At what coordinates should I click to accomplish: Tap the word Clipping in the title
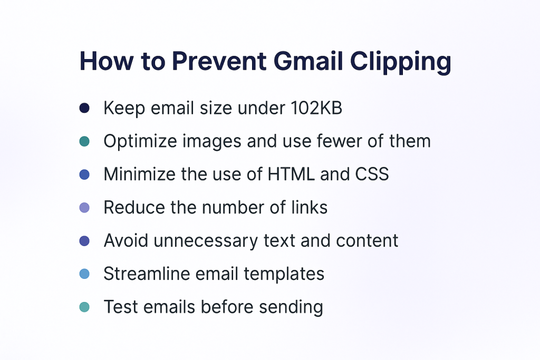(401, 63)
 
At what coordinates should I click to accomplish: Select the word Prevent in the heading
(219, 61)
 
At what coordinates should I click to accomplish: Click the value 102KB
(316, 108)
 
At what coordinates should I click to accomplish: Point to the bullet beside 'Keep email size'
(84, 108)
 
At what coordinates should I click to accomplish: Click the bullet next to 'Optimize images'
(84, 141)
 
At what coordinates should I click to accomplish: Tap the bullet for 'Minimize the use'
(84, 174)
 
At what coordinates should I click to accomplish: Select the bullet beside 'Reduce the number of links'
(84, 208)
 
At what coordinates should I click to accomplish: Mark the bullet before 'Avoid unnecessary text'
(84, 241)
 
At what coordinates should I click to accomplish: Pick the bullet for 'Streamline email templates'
(84, 274)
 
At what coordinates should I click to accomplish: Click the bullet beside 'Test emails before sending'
(84, 307)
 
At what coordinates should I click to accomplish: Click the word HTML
(291, 174)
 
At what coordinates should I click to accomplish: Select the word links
(309, 208)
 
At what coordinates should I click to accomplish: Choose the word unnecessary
(206, 241)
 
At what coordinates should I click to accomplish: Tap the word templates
(284, 275)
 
